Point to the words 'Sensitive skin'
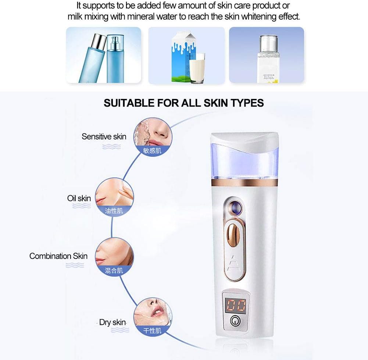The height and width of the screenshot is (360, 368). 104,137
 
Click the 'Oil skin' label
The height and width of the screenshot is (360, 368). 79,199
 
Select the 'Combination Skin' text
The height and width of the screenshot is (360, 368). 58,256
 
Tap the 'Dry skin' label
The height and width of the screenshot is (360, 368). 112,322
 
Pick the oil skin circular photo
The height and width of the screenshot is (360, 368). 114,195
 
